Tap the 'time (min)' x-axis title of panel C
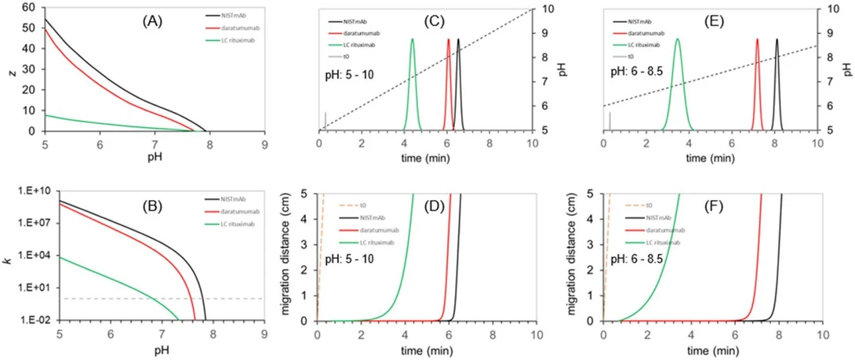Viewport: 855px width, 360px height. pos(426,158)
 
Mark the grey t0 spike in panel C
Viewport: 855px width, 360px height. pos(326,121)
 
